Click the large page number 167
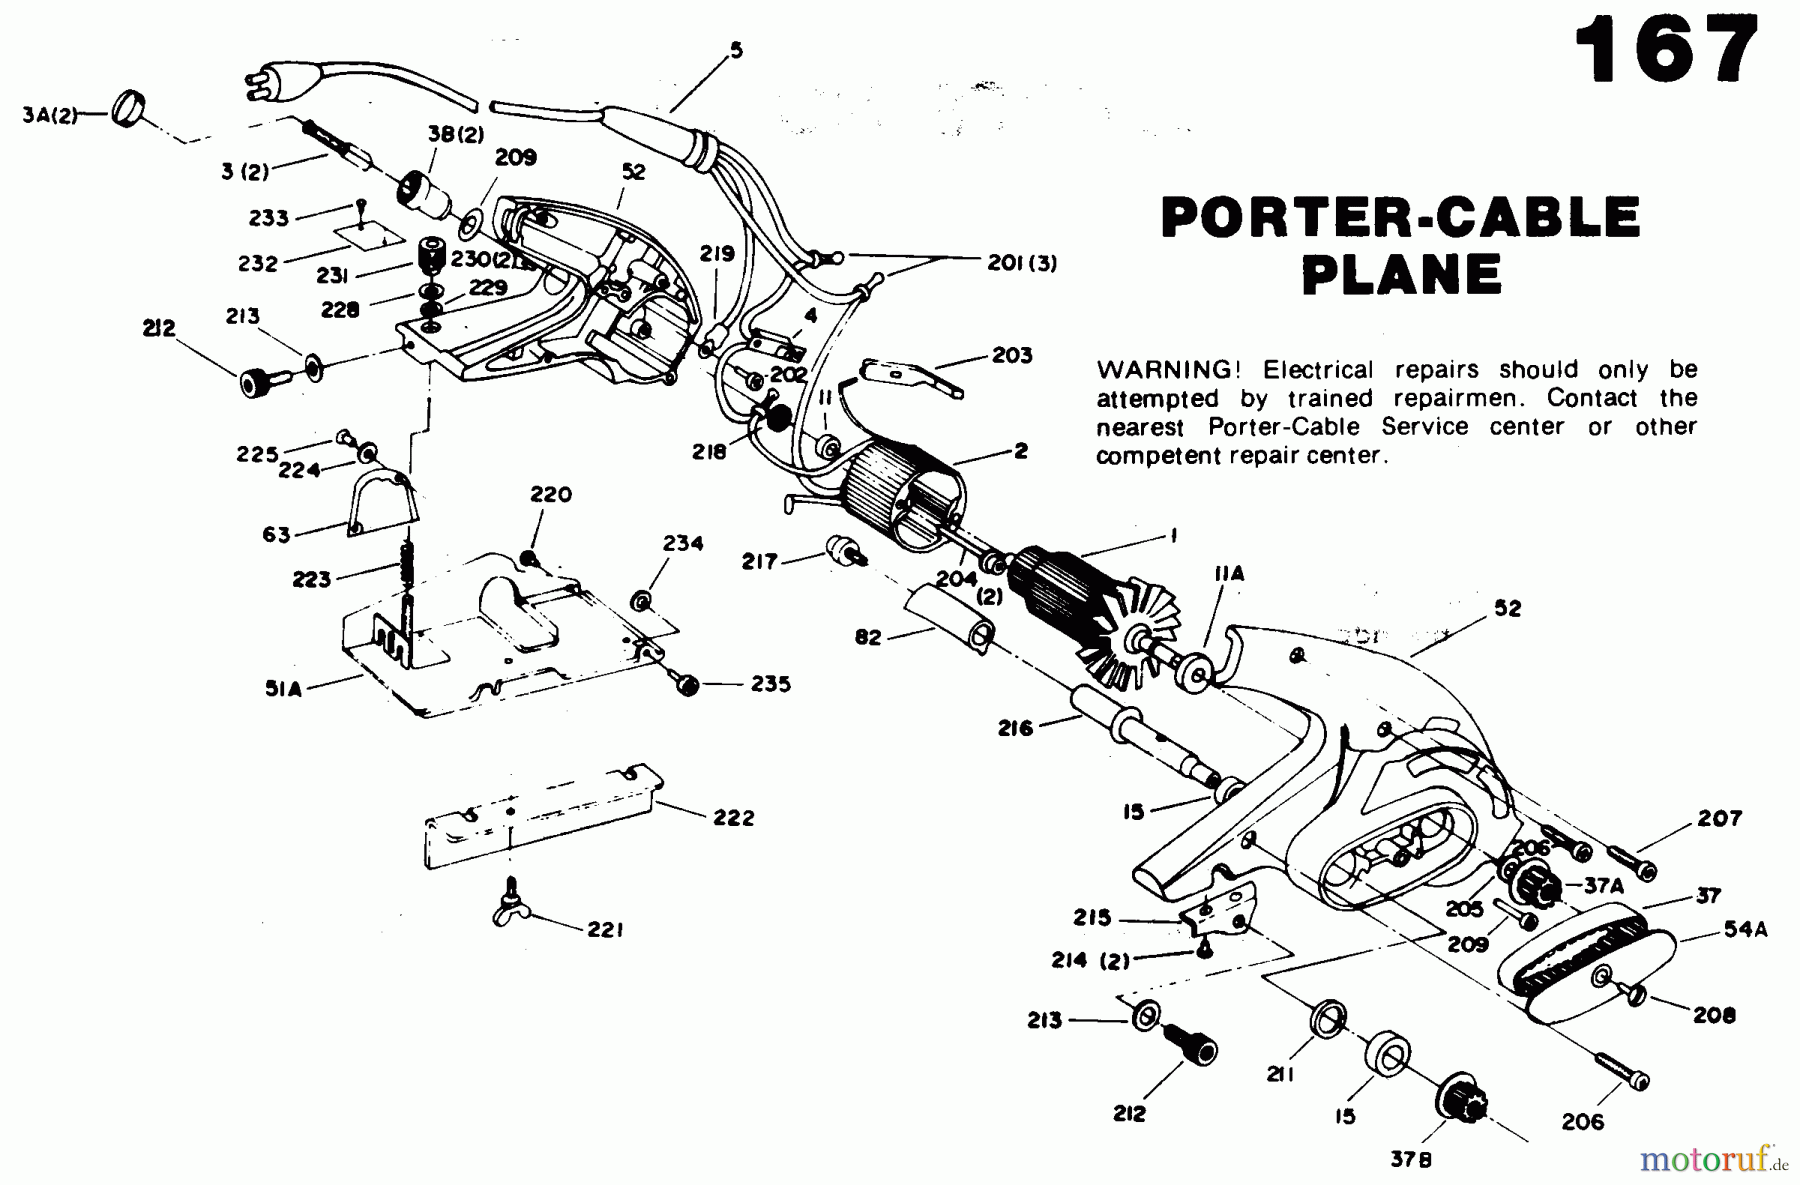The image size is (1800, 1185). click(1666, 49)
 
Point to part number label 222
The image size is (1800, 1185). click(734, 817)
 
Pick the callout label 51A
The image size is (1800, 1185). click(283, 688)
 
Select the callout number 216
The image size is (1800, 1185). click(1015, 729)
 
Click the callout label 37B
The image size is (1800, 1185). click(1409, 1159)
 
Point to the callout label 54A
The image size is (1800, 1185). click(1745, 929)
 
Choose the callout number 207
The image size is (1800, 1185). click(1720, 818)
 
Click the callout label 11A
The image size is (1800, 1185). click(1228, 573)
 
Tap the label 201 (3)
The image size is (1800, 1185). click(1022, 263)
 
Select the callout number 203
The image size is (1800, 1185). click(1012, 355)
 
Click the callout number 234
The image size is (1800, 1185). click(683, 543)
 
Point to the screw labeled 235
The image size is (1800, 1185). click(687, 685)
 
